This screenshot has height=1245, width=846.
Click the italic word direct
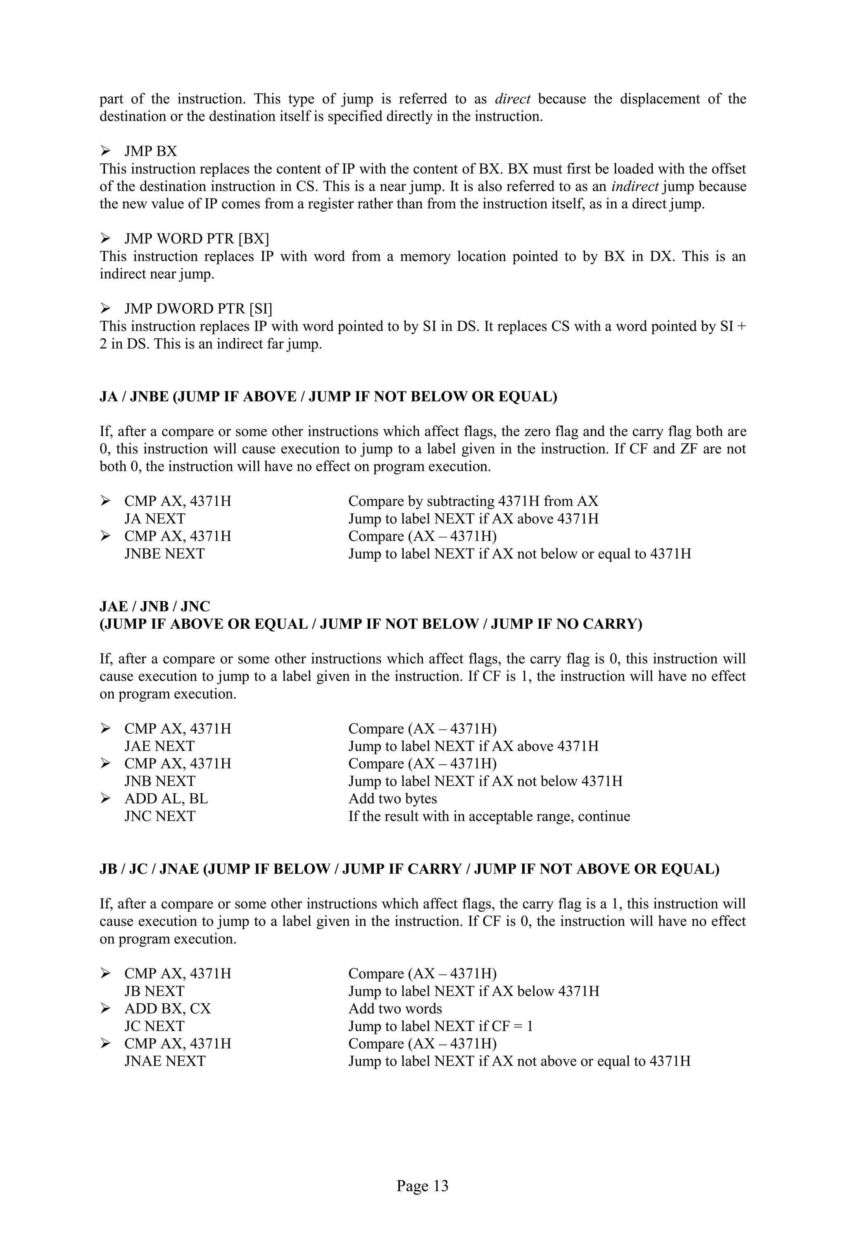coord(512,99)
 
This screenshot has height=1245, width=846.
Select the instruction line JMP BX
coord(150,152)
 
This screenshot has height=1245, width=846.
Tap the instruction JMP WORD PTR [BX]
coord(197,239)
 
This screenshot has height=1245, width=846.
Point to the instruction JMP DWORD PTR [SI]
coord(198,309)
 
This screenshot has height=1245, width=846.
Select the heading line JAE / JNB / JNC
coord(155,607)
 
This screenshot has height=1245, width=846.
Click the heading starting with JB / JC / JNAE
coord(409,869)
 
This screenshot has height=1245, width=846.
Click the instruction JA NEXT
coord(155,519)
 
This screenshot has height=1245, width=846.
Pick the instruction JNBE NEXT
coord(164,554)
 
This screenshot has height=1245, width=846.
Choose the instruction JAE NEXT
coord(159,746)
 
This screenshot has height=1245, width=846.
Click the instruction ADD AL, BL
coord(166,799)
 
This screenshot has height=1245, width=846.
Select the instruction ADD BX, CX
coord(168,1009)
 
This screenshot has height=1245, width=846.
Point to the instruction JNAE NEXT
coord(165,1061)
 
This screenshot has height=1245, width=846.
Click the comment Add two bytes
coord(392,799)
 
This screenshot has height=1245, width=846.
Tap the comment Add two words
coord(395,1009)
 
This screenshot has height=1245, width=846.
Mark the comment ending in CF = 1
coord(440,1026)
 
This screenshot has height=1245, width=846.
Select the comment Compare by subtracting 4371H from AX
coord(473,501)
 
